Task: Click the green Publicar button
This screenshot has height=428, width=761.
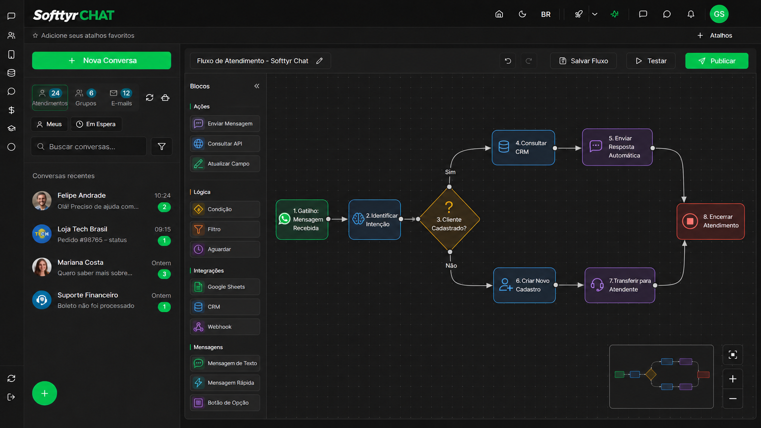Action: click(716, 61)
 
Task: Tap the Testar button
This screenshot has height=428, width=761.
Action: click(651, 61)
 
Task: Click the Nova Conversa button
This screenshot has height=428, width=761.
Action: click(102, 60)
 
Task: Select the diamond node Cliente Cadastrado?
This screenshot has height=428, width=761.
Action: click(449, 219)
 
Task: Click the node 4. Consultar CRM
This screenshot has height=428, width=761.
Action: click(523, 148)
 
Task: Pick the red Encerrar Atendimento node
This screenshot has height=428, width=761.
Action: click(710, 221)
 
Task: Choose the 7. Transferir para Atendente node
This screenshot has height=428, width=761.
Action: click(620, 285)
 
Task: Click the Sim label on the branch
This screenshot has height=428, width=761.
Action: click(450, 172)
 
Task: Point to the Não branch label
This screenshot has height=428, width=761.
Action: click(451, 266)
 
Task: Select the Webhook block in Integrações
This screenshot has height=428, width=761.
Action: click(225, 327)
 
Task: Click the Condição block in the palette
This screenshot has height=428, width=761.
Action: click(225, 209)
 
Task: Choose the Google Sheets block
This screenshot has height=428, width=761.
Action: click(225, 287)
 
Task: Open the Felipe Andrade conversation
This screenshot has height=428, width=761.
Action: click(102, 201)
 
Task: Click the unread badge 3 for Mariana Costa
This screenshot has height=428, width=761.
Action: click(164, 274)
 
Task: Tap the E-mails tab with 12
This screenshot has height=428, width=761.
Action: click(121, 98)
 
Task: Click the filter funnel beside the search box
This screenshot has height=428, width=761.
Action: click(162, 147)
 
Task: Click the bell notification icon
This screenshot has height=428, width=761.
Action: click(691, 14)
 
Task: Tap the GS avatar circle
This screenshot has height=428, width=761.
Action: click(719, 14)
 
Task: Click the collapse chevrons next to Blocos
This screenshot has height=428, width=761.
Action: click(257, 86)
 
